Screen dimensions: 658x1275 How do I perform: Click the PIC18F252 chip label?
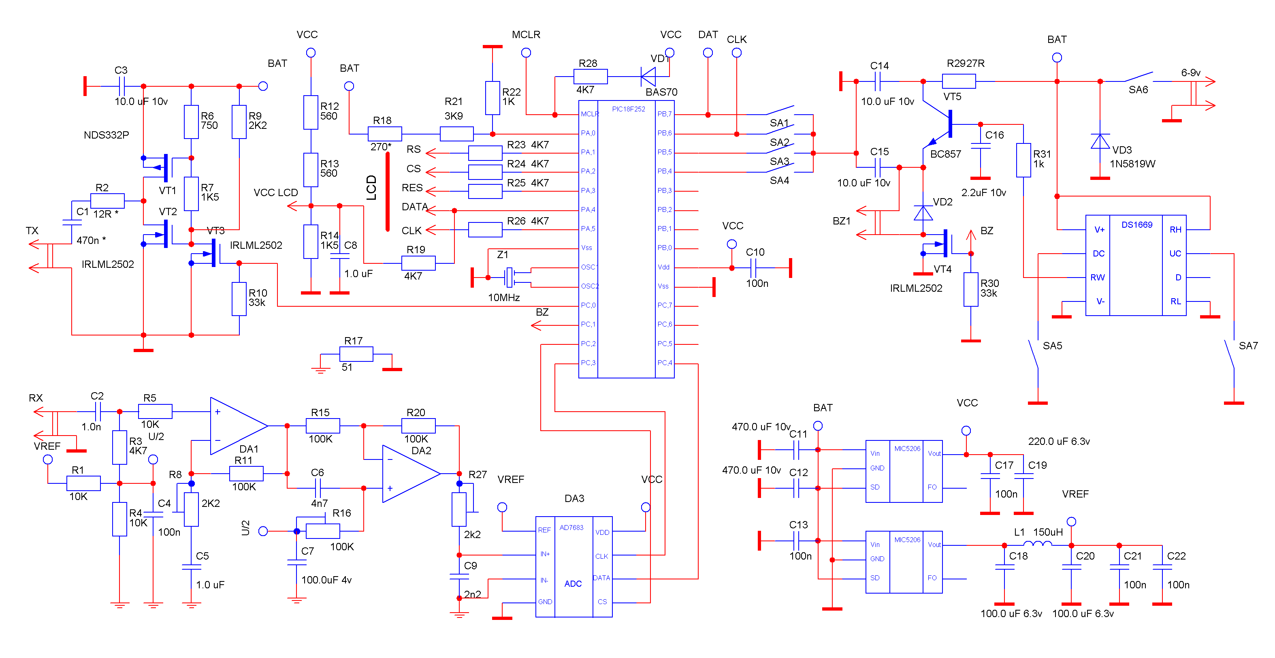(x=628, y=109)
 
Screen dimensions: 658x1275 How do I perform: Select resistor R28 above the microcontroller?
(x=590, y=77)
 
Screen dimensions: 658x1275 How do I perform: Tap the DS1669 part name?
(x=1136, y=225)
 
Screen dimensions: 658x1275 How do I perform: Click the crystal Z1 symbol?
(x=509, y=277)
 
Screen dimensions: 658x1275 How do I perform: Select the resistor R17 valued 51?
(x=356, y=355)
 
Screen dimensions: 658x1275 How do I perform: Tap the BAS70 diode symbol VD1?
(x=648, y=77)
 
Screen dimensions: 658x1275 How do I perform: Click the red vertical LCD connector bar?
(x=388, y=192)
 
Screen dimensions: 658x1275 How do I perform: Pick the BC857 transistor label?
(x=945, y=154)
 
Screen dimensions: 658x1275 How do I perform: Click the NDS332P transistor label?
(x=106, y=135)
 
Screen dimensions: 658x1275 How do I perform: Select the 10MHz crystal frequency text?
(x=503, y=297)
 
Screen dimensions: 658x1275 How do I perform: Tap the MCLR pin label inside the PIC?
(x=589, y=114)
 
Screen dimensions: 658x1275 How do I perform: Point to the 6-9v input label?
(x=1190, y=73)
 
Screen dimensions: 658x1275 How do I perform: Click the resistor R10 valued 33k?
(x=239, y=299)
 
